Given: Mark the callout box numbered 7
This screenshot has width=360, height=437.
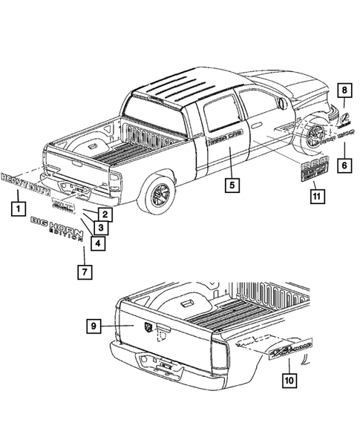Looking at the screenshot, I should (85, 272).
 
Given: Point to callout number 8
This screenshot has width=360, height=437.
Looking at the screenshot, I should (344, 91).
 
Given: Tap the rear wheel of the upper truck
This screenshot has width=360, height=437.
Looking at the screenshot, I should (158, 194).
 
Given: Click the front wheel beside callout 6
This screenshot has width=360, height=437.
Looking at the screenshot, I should (318, 137).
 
